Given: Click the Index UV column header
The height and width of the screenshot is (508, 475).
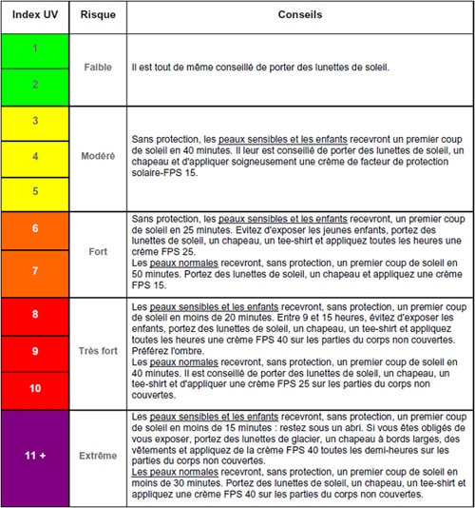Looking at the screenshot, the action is [35, 17].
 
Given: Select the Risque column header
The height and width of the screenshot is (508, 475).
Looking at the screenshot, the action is [98, 17].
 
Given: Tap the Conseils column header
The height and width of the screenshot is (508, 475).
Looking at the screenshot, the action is [299, 17].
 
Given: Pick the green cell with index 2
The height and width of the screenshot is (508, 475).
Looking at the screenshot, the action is [35, 85].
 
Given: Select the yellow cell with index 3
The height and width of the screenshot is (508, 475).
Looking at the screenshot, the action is [35, 121].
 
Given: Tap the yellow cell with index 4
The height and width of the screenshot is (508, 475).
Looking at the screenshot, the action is [35, 155].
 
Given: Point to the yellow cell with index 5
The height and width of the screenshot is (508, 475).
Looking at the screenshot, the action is [35, 190].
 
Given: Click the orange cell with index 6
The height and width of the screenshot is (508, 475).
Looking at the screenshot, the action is [35, 229].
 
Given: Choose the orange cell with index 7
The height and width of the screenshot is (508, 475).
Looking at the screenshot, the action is [35, 270].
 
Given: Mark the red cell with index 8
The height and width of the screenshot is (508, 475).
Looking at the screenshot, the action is [35, 314].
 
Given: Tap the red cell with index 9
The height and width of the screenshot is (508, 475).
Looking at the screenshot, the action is [35, 351].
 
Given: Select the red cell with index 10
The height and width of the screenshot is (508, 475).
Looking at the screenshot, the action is [35, 388].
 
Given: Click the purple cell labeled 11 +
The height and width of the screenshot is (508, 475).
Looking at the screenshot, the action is [35, 455].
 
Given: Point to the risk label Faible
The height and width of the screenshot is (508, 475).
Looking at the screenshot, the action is [98, 68].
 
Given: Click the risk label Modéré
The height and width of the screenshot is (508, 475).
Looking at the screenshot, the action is [98, 155].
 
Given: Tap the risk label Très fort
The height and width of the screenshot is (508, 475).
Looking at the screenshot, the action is [98, 351].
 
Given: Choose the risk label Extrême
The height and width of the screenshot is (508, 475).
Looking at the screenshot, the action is [98, 455].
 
